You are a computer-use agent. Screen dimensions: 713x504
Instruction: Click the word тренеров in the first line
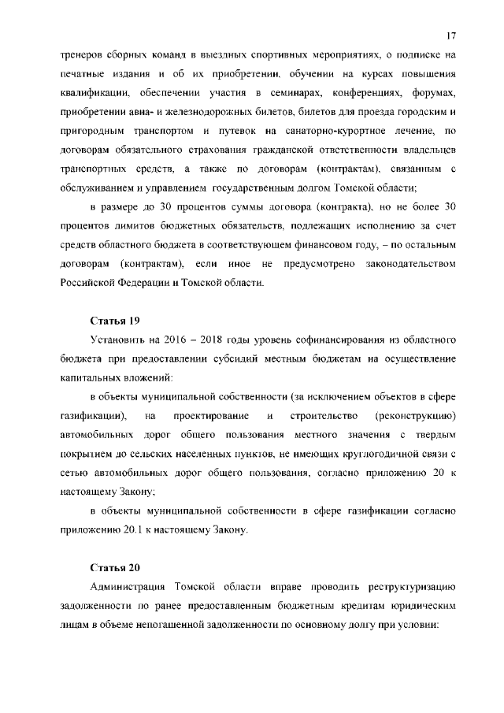click(x=81, y=57)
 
